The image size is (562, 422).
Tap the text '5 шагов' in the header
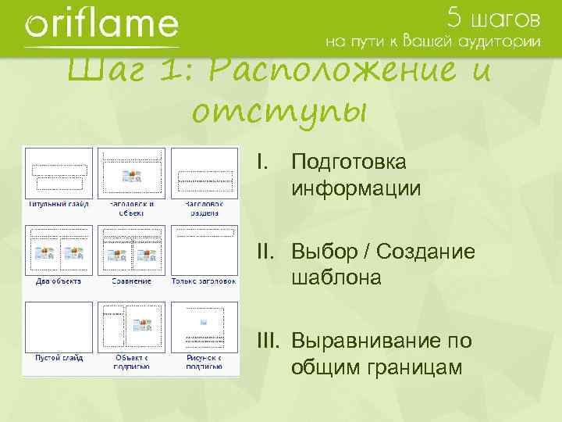pos(493,16)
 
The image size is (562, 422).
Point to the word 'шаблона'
pos(336,277)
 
